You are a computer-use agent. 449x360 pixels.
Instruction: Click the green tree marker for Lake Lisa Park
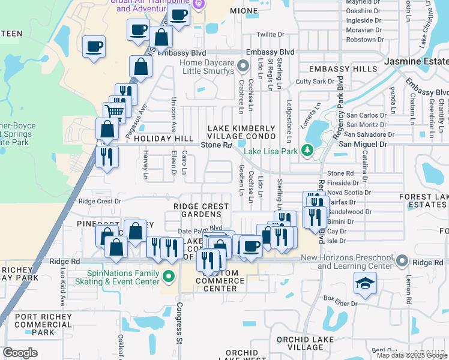pyautogui.click(x=308, y=149)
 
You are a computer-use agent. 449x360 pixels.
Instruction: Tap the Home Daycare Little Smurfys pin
pyautogui.click(x=243, y=65)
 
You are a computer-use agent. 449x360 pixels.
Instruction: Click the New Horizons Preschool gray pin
pyautogui.click(x=401, y=262)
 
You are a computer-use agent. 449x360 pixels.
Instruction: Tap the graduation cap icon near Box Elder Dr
pyautogui.click(x=365, y=283)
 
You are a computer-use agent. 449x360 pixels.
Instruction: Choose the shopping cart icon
pyautogui.click(x=114, y=110)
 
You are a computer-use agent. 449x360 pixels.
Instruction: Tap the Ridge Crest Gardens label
pyautogui.click(x=201, y=210)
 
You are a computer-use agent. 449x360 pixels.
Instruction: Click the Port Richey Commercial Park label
pyautogui.click(x=43, y=325)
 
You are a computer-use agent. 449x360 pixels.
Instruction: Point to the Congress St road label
pyautogui.click(x=179, y=323)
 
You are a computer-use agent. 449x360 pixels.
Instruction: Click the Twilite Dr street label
pyautogui.click(x=269, y=35)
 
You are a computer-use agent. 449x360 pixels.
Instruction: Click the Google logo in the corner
pyautogui.click(x=20, y=353)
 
